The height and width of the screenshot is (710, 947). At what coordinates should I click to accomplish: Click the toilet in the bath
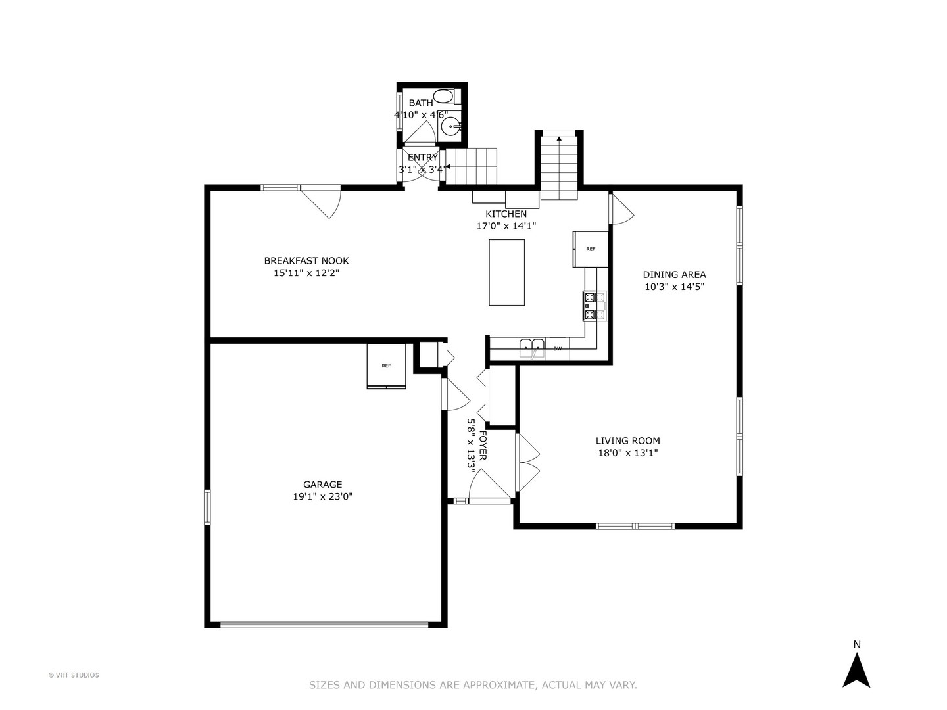coord(444,97)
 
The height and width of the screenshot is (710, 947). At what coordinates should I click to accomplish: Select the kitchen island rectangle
coord(506,272)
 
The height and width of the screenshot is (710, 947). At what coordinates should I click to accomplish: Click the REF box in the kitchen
coord(591,249)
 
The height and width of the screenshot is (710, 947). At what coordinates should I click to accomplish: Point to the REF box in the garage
coord(386,366)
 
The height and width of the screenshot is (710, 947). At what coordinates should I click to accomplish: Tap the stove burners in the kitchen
coord(595,306)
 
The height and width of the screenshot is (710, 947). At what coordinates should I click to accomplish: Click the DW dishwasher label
coord(558,348)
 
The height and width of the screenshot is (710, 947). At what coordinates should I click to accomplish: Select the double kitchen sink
coord(532,346)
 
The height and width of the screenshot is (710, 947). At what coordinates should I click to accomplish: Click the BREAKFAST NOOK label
coord(306,261)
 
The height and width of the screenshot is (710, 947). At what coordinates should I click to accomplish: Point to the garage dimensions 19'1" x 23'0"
coord(323,497)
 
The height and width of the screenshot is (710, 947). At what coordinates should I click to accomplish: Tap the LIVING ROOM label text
coord(627,441)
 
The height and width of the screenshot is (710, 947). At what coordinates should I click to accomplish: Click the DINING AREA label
coord(674,275)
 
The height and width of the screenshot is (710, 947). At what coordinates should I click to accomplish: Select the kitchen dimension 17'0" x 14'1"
coord(506,226)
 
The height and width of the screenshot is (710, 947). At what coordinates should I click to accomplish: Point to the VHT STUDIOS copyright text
coord(74,675)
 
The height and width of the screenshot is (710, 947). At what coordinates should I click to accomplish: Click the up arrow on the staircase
coord(559,139)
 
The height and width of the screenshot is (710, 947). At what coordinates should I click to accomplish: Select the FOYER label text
coord(483,446)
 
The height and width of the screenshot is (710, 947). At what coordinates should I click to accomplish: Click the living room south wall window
coord(635,526)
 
